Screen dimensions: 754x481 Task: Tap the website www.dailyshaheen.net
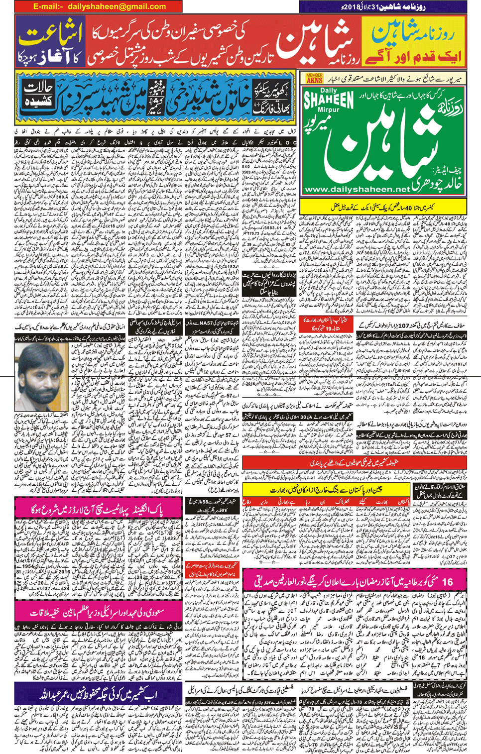(357, 190)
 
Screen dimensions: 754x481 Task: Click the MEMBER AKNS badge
(314, 78)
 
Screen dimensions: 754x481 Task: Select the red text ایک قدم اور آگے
(413, 56)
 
